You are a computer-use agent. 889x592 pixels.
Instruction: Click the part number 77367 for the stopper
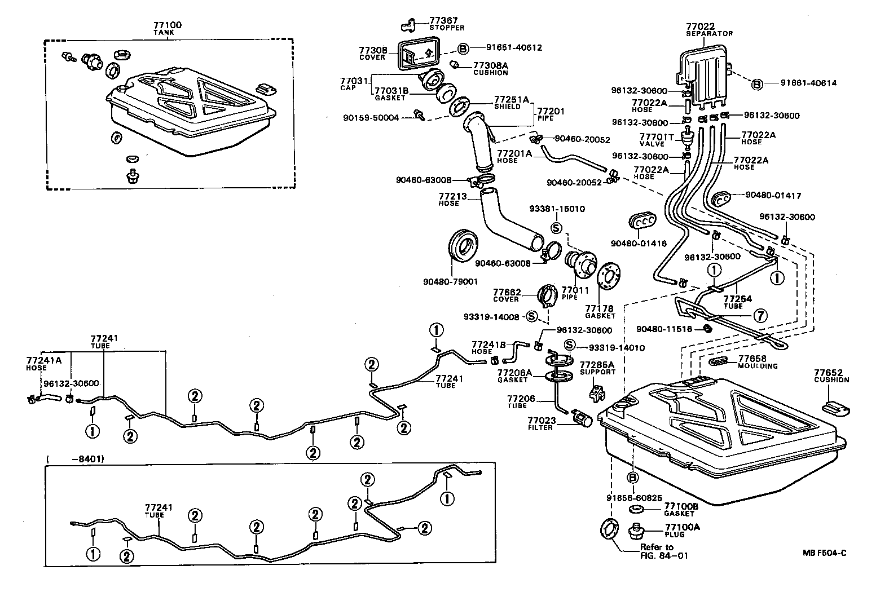coord(446,20)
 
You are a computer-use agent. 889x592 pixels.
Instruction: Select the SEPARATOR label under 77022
coord(709,34)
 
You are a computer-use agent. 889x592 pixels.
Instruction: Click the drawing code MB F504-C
coord(824,553)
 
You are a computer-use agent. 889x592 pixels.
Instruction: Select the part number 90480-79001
coord(450,281)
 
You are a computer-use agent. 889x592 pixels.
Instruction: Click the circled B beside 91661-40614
coord(757,84)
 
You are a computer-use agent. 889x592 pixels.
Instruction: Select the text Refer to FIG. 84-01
coord(656,551)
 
